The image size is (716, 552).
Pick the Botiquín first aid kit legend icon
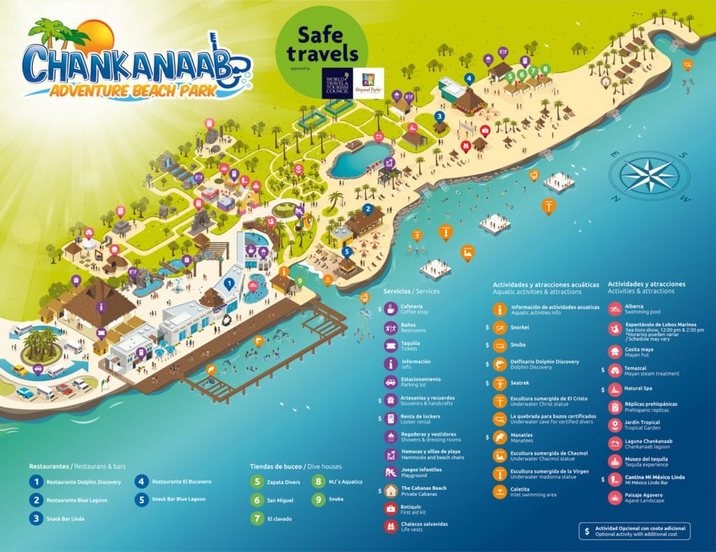coord(391,509)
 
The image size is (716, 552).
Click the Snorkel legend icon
coord(500,327)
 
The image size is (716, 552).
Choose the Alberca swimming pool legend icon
coord(615,309)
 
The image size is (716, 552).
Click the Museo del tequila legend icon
coord(615,462)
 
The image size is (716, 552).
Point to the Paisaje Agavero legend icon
coord(615,497)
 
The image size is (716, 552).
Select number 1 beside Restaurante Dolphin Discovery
coord(36,482)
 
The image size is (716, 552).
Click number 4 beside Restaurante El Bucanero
coord(142,482)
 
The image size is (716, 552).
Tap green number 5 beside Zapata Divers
coord(257,482)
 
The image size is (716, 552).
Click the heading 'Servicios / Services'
coord(411,291)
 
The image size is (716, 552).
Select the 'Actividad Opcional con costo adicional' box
coord(634,530)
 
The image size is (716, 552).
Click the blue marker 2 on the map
coord(368,208)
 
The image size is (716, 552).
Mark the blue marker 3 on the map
coord(439,116)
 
